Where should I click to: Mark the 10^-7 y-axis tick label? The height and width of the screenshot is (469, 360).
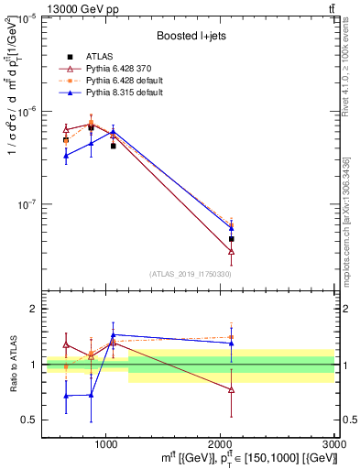tap(26, 204)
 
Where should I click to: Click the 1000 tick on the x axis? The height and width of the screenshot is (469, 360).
tap(106, 442)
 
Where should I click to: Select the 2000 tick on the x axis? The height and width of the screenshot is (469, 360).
tap(221, 442)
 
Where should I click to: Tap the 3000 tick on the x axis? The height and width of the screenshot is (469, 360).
tap(334, 442)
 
